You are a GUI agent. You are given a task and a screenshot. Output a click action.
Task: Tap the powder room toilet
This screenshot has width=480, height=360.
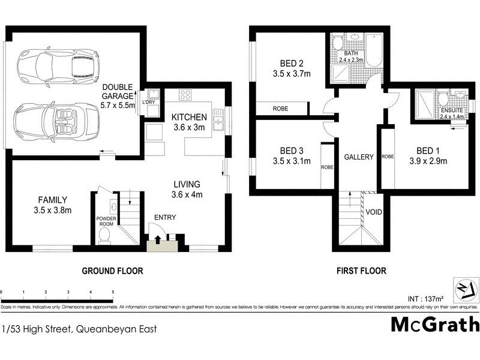pos(105,234)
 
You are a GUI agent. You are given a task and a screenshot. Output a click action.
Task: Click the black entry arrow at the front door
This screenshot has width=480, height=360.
pos(158,240)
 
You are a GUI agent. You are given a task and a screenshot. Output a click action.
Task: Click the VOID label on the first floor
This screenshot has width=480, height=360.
pos(373,212)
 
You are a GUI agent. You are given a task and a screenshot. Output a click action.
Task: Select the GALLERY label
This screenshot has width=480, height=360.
pos(359,157)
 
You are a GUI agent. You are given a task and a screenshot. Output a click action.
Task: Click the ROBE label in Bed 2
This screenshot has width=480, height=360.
pos(280,109)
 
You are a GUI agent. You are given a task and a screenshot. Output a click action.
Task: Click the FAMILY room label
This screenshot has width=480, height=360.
pos(53,200)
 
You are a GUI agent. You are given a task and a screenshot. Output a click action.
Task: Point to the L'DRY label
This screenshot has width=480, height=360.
pos(148,103)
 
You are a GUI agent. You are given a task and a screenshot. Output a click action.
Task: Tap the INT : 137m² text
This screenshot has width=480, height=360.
pos(427,298)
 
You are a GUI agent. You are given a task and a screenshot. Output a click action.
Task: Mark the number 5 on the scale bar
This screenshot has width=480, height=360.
pos(113,292)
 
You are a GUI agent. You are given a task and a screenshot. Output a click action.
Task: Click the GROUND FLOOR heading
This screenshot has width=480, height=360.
pos(112,271)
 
